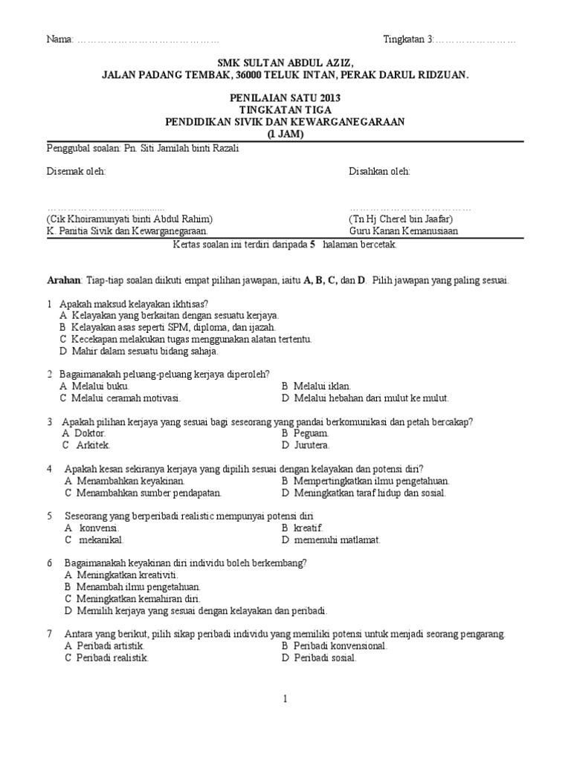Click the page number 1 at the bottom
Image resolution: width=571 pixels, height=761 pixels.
[285, 699]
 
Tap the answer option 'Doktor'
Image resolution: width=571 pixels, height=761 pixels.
[88, 433]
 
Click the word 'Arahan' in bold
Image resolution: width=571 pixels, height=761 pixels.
[62, 280]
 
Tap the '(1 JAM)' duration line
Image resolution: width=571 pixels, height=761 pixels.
[285, 134]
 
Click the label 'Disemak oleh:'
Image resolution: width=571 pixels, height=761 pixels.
[77, 172]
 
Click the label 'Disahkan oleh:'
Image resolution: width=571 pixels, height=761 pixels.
[379, 172]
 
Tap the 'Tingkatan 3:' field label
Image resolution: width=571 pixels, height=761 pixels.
[408, 39]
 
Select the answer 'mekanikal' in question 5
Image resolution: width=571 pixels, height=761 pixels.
[100, 540]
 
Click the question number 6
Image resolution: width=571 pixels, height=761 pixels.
[49, 563]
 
